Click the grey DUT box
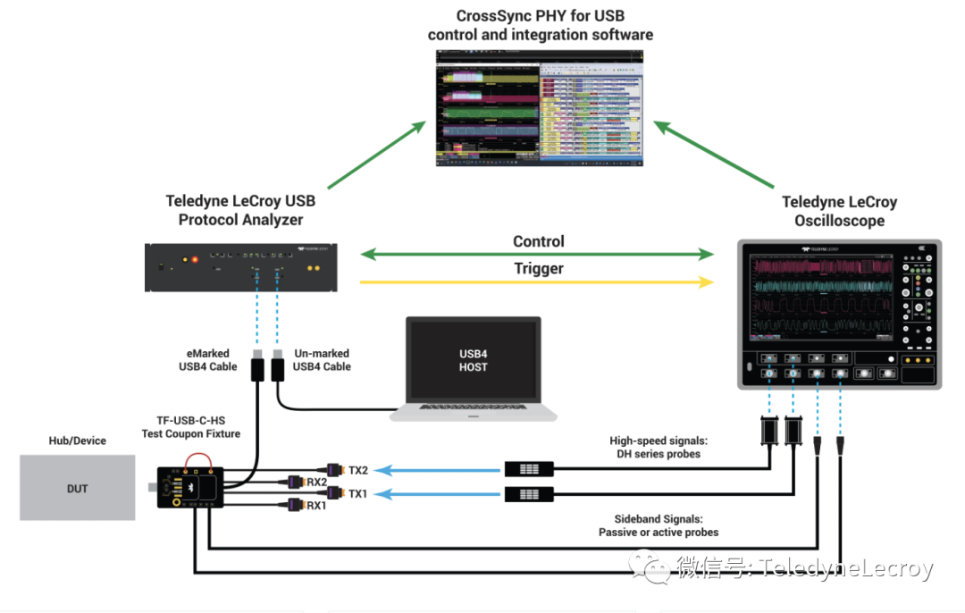(78, 487)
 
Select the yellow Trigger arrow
(537, 282)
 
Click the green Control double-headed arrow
(537, 256)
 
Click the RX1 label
(317, 506)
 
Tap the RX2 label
(317, 483)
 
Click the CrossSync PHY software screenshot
(539, 107)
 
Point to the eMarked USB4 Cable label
(209, 360)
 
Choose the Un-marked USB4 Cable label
(322, 360)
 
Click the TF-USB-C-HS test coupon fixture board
(189, 487)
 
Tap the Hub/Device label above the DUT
(77, 441)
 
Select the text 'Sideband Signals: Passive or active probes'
(659, 525)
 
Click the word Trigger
(539, 268)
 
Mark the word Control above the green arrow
(539, 241)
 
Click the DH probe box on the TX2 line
(529, 469)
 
